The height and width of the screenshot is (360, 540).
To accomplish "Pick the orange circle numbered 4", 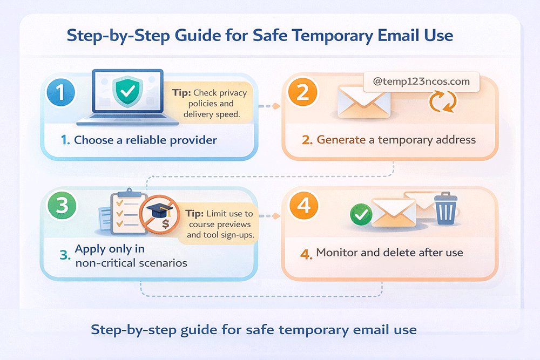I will click(303, 206).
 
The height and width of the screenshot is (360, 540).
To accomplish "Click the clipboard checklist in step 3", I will click(124, 211).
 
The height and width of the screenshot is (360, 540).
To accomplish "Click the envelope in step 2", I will click(363, 101).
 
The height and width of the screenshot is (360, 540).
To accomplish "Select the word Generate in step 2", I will click(341, 140).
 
